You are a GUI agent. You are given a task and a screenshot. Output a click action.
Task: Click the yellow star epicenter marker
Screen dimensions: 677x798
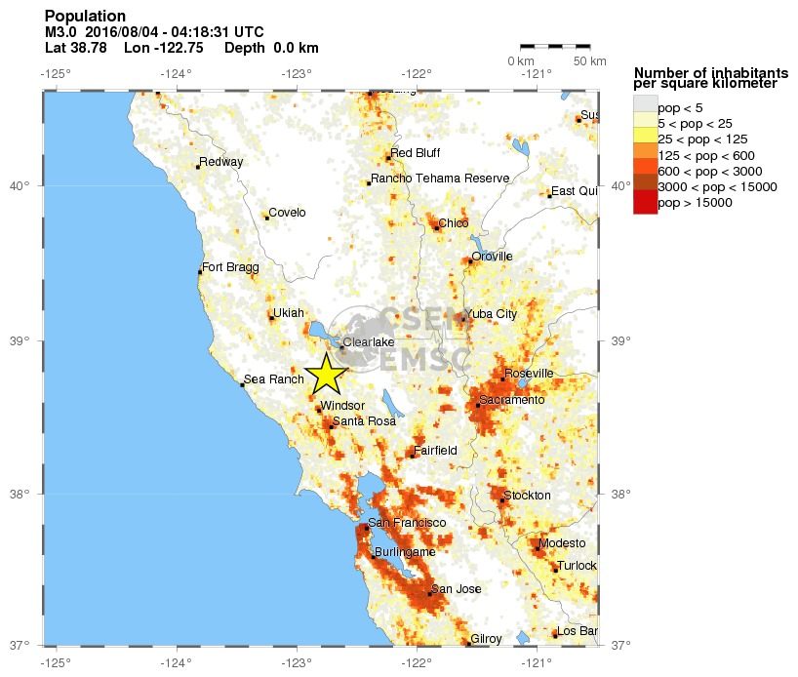(x=326, y=375)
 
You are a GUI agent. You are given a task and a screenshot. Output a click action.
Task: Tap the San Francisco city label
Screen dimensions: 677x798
(x=407, y=523)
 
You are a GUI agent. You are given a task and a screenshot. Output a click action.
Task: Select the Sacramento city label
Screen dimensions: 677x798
(x=511, y=400)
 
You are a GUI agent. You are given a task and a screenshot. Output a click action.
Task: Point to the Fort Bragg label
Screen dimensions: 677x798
(x=227, y=266)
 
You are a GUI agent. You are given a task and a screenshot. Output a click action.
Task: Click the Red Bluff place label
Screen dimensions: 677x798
(x=416, y=153)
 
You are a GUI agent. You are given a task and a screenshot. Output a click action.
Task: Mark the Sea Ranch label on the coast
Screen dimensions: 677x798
(x=274, y=379)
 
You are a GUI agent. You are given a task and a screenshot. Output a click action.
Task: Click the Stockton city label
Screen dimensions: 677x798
(x=528, y=496)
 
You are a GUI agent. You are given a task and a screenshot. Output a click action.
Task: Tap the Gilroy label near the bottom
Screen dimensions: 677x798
(x=486, y=639)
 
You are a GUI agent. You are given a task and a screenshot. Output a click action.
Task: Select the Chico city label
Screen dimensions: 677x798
(x=454, y=223)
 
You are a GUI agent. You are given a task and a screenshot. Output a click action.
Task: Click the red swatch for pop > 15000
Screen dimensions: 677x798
(x=645, y=203)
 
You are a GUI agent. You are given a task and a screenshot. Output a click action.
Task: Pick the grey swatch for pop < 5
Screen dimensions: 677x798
(x=645, y=107)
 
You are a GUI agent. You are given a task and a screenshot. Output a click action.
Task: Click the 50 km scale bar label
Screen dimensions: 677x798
(x=589, y=62)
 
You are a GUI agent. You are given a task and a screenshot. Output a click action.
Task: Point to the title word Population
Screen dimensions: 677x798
(x=86, y=17)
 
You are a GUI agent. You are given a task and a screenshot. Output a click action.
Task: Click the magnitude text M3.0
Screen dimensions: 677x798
(x=62, y=32)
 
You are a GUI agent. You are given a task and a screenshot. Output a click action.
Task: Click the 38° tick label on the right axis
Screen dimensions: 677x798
(x=620, y=494)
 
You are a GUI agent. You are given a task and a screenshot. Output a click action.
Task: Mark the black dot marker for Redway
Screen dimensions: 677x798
(x=198, y=167)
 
